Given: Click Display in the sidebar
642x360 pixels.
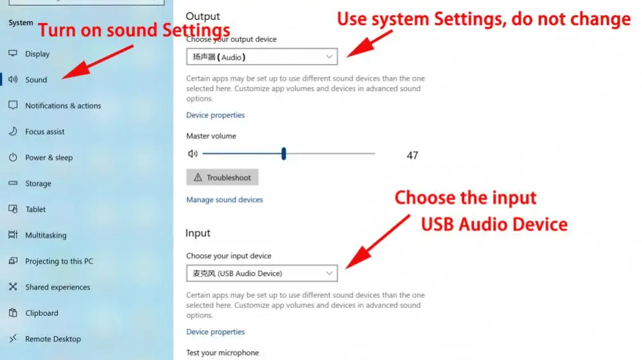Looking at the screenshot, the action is coord(37,54).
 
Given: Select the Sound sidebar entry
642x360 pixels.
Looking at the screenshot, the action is coord(36,80).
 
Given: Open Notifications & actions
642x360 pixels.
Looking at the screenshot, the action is coord(62,106).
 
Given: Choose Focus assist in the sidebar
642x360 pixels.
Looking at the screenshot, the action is coord(44,132).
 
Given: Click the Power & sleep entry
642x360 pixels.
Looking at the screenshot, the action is coord(48,158).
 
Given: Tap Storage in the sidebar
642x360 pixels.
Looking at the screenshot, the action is coord(38,184).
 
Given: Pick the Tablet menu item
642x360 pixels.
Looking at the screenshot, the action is coord(35,209).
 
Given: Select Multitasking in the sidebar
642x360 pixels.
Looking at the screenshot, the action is coord(46,236).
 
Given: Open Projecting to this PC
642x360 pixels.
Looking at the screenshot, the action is coord(58,261).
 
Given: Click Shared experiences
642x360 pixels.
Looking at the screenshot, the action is coord(57,287).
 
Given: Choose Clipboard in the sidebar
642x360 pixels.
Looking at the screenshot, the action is coord(41,313).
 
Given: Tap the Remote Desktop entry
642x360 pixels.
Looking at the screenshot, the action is coord(53,339).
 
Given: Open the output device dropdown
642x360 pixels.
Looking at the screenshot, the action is coord(262,57).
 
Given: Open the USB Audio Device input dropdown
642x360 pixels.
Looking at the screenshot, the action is coord(262,273).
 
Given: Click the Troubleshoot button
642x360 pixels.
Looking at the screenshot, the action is coord(223,178).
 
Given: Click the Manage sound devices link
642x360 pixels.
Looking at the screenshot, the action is coord(225,200).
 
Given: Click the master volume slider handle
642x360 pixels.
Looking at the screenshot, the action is coord(283,154).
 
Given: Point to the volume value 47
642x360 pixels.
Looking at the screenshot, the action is coord(412,155).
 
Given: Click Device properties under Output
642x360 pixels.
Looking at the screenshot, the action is coord(215,116).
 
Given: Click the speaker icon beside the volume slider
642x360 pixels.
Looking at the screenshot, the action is coord(192,154).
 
